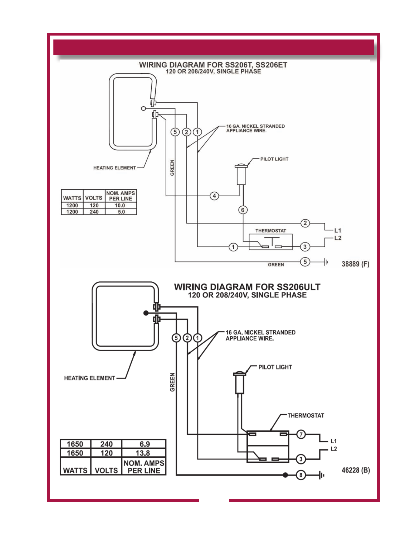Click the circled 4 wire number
click(x=215, y=196)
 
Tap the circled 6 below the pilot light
click(x=243, y=210)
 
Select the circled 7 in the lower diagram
click(x=301, y=434)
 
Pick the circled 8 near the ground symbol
click(x=301, y=475)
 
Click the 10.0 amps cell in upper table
click(x=120, y=206)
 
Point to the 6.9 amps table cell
click(x=145, y=444)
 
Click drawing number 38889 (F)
click(x=355, y=264)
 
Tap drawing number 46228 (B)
click(x=356, y=470)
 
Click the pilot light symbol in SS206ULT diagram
click(x=239, y=382)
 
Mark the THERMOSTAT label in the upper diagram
click(x=271, y=231)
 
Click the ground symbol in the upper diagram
click(x=326, y=262)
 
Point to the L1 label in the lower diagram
click(x=334, y=441)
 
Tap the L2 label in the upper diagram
click(x=338, y=238)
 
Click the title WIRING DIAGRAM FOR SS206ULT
click(x=247, y=287)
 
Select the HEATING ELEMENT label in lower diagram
click(x=90, y=378)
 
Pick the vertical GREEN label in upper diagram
click(x=172, y=168)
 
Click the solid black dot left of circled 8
click(x=285, y=475)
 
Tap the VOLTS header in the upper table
click(x=94, y=198)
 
